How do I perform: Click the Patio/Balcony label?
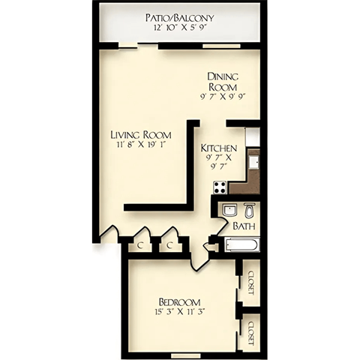(x=179, y=16)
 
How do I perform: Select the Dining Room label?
(x=223, y=81)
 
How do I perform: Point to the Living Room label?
(x=140, y=135)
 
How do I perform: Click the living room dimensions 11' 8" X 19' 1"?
(x=140, y=145)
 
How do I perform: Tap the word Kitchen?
(x=220, y=148)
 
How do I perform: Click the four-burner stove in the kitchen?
(x=220, y=187)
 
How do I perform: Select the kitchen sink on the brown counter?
(x=253, y=160)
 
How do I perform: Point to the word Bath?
(x=242, y=226)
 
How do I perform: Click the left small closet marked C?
(x=139, y=244)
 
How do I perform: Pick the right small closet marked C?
(x=171, y=244)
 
